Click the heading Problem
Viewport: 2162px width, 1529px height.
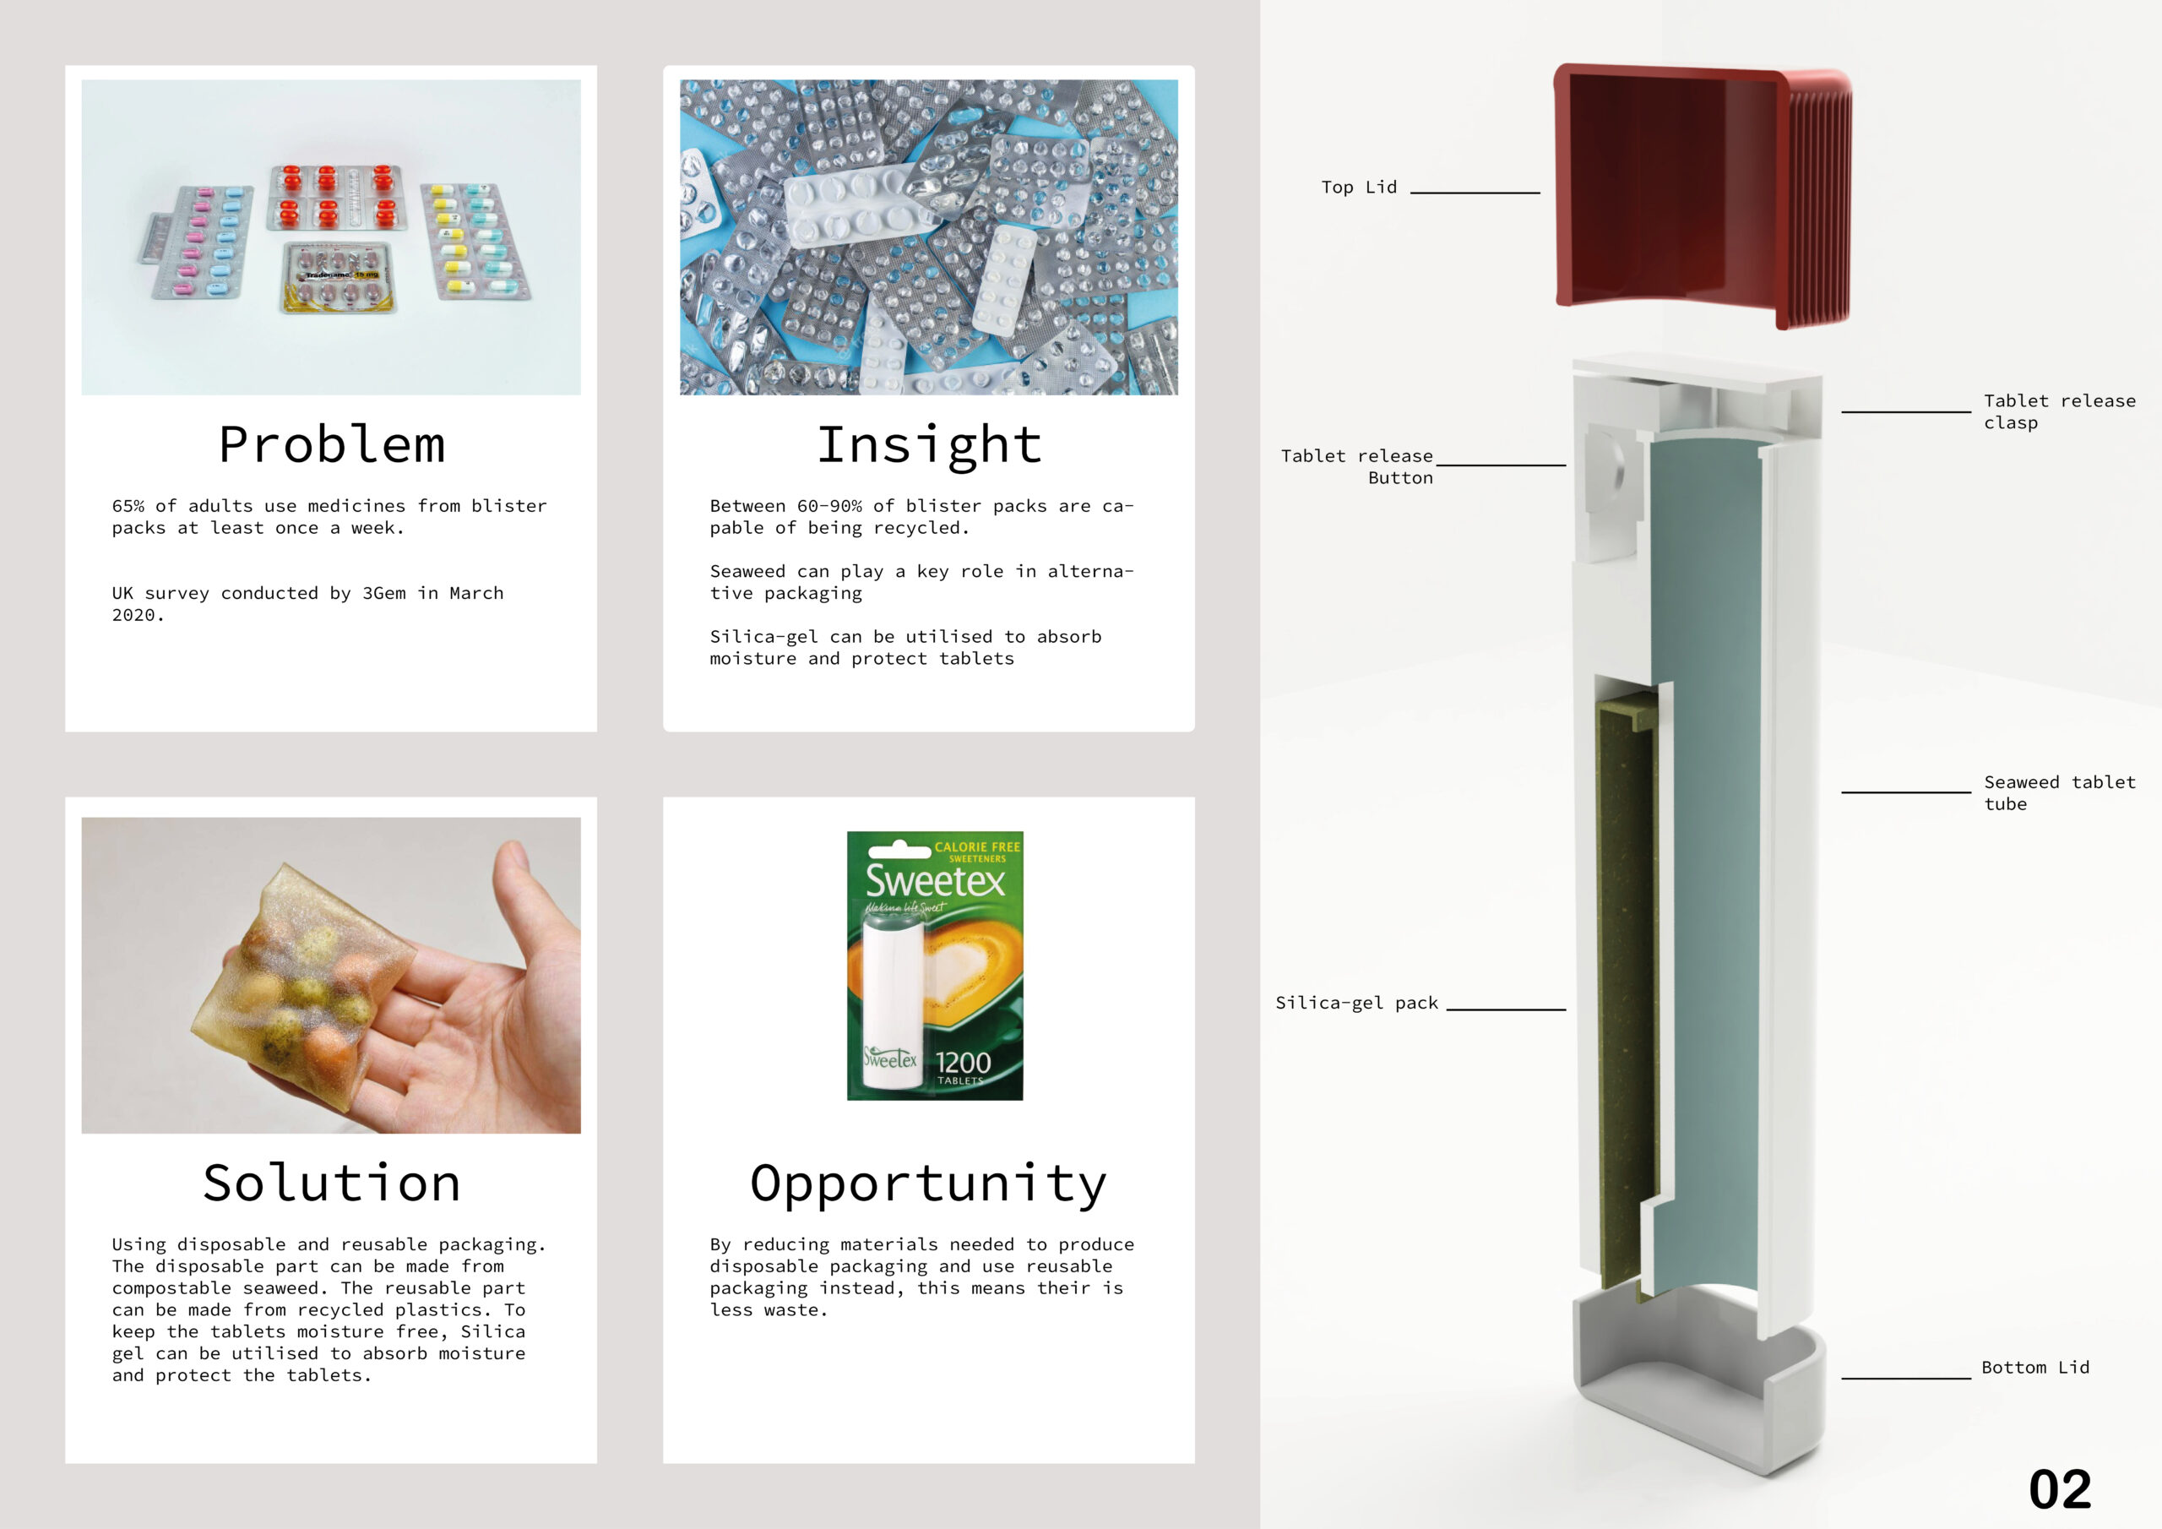[331, 444]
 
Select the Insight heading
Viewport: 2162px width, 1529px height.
[929, 444]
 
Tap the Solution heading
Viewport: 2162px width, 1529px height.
[331, 1183]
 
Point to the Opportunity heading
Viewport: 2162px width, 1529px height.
[928, 1184]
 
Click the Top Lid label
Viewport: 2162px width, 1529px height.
[1359, 187]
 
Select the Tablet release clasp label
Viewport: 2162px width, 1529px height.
[2059, 411]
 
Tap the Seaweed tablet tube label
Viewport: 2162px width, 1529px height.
[2059, 792]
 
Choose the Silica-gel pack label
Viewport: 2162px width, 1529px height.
[1357, 1003]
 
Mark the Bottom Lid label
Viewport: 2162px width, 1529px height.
[2034, 1367]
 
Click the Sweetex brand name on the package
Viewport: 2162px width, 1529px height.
[935, 881]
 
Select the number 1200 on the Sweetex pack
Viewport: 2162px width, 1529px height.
[964, 1063]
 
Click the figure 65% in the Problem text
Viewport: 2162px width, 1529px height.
[128, 506]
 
